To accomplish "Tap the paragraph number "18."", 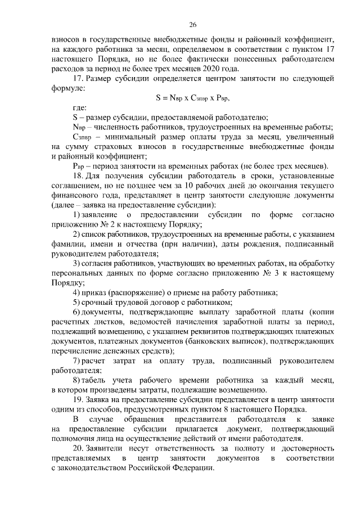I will pyautogui.click(x=79, y=175).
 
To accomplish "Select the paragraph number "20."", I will pyautogui.click(x=79, y=448).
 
